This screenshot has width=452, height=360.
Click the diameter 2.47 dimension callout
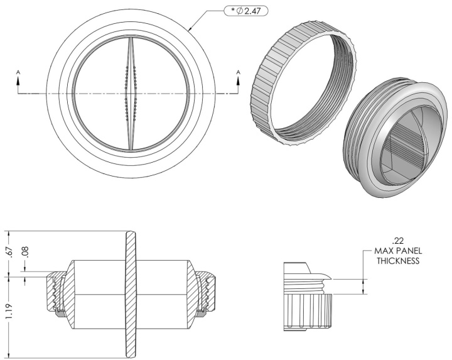246,11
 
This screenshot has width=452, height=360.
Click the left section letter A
18,72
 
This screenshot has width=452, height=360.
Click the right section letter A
238,72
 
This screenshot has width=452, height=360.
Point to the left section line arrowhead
18,81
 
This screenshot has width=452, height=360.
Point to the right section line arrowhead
238,81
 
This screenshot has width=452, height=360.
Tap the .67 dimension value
11,251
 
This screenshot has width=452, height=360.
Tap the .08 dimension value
25,251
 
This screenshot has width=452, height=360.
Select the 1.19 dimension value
9,311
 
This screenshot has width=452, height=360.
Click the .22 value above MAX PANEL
398,241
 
